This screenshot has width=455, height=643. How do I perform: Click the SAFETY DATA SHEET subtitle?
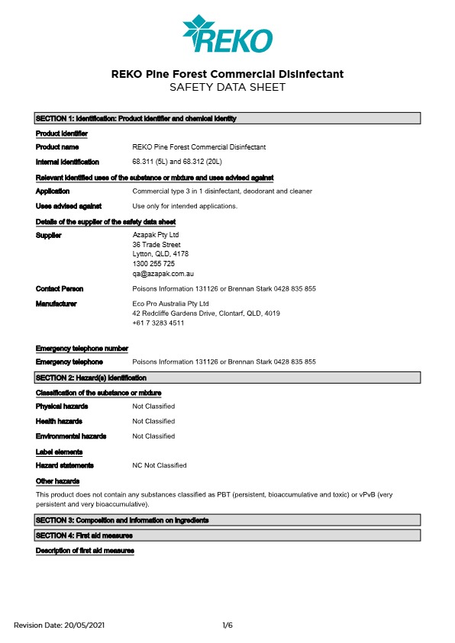tap(227, 88)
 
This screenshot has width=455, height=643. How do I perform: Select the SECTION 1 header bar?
tap(227, 118)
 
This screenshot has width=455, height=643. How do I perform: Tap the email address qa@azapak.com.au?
tap(163, 273)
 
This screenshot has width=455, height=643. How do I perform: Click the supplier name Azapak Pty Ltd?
tap(156, 235)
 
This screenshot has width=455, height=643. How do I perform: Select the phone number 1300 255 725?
tap(153, 263)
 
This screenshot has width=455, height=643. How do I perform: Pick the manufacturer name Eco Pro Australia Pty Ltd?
tap(170, 304)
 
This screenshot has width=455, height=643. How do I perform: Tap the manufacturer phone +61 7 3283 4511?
tap(158, 323)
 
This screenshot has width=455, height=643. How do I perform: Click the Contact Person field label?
tap(60, 289)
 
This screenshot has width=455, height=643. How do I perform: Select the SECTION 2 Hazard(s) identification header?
tap(227, 378)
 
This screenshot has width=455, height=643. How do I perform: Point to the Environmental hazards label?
tap(71, 436)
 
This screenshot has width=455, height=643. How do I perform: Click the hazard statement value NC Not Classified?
tap(160, 465)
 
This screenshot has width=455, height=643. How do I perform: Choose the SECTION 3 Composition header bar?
tap(227, 520)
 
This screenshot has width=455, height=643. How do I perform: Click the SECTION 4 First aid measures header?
tap(227, 536)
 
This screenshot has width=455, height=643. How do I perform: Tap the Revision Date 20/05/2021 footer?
tap(59, 625)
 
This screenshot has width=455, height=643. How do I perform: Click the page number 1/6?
tap(227, 625)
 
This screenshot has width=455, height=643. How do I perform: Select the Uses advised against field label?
tap(69, 206)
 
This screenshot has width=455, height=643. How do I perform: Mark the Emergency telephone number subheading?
tap(82, 348)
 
